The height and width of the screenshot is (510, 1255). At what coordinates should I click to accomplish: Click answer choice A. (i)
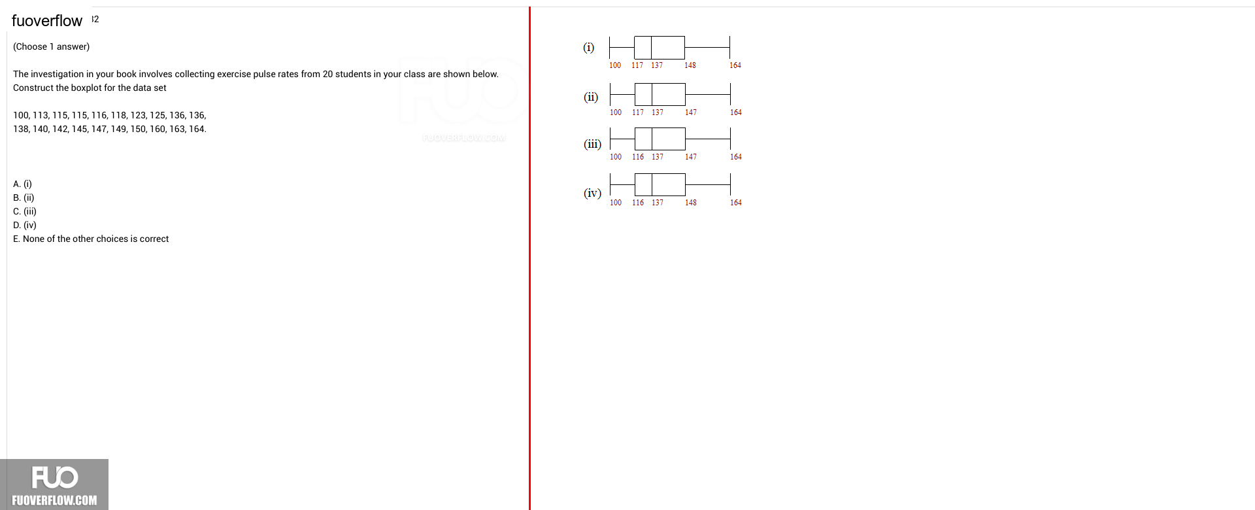22,184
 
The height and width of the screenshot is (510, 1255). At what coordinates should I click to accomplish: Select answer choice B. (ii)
24,197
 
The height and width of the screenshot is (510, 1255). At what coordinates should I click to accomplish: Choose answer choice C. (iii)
25,211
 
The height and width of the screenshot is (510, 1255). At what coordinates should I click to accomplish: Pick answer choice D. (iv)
25,225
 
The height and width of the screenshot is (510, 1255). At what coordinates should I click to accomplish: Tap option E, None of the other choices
91,239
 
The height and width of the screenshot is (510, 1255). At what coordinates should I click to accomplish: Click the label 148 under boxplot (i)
690,65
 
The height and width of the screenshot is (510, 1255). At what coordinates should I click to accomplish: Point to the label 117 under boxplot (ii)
638,112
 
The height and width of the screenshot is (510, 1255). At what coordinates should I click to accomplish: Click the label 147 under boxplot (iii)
691,157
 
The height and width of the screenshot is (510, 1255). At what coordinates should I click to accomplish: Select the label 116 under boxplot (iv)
638,203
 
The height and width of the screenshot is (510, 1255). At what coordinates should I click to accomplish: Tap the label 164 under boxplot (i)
735,65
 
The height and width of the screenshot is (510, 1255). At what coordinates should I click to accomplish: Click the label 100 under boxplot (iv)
616,203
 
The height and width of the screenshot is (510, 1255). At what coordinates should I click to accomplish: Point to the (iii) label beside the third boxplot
593,144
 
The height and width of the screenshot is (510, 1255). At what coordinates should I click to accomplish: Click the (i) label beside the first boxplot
589,47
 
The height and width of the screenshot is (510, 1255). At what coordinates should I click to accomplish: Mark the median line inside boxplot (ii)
652,95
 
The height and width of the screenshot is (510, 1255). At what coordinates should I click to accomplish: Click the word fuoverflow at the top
47,21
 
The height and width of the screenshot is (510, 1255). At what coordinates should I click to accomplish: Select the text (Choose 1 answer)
52,46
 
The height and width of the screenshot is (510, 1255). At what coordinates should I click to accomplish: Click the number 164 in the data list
197,129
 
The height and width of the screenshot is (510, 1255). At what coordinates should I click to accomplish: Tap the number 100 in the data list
21,115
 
